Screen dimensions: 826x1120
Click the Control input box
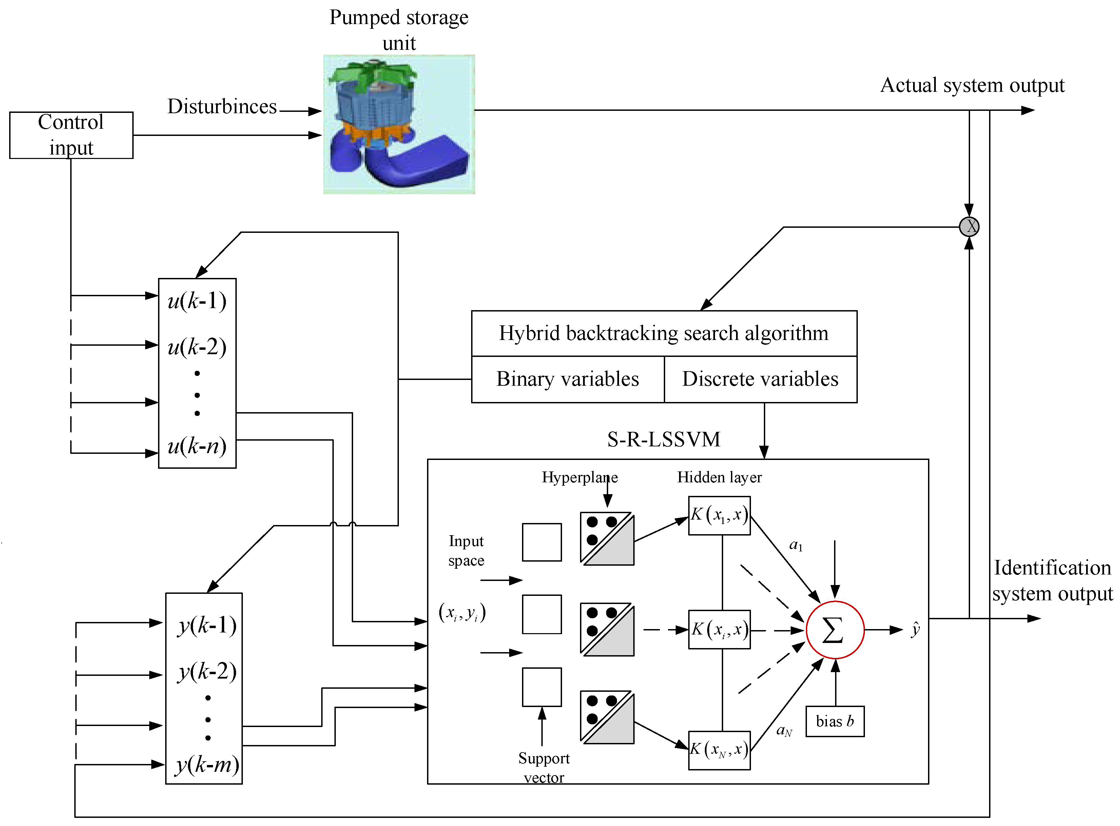coord(71,135)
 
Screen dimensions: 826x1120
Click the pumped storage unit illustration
coord(399,124)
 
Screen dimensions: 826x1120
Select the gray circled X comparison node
coord(969,226)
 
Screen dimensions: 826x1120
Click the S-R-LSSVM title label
coord(663,440)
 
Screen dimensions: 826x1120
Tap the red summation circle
coord(834,630)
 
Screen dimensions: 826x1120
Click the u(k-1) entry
coord(197,301)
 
